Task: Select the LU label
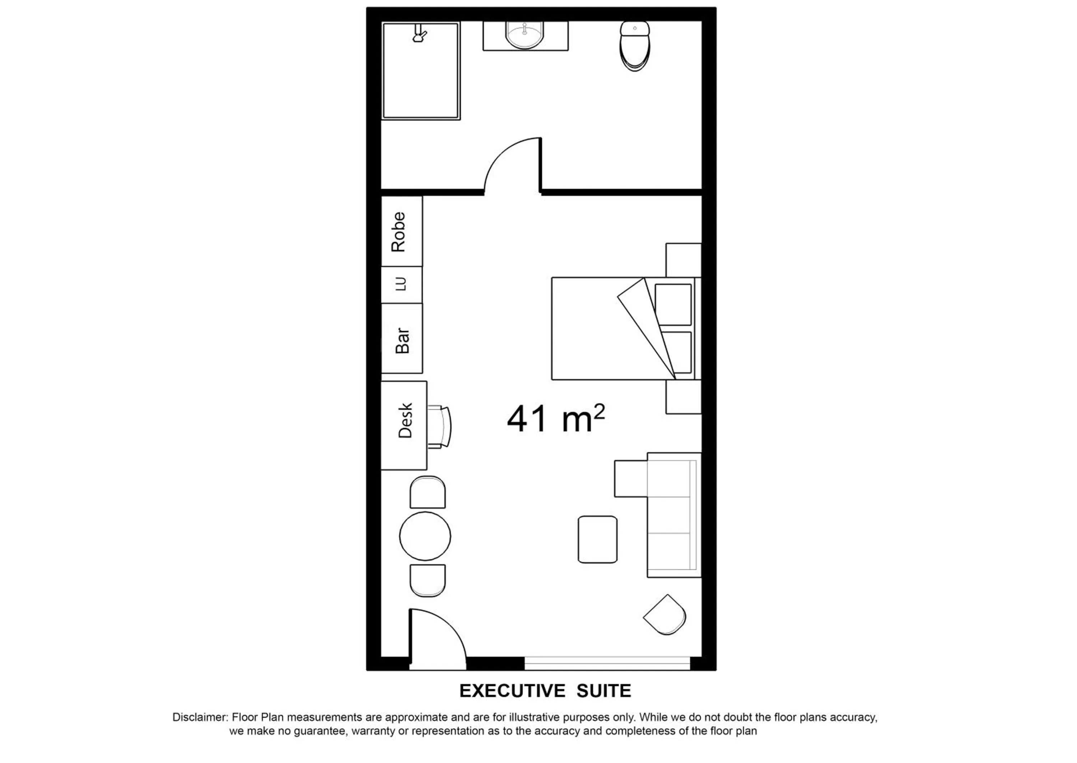[x=400, y=284]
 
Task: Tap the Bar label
[x=402, y=340]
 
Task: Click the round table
[x=425, y=536]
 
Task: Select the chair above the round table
[x=428, y=492]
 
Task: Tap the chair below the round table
[x=428, y=581]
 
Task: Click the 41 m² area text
[x=555, y=418]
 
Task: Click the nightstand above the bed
[x=684, y=260]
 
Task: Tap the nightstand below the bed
[x=684, y=397]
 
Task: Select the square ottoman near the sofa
[x=597, y=539]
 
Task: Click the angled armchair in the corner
[x=665, y=614]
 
